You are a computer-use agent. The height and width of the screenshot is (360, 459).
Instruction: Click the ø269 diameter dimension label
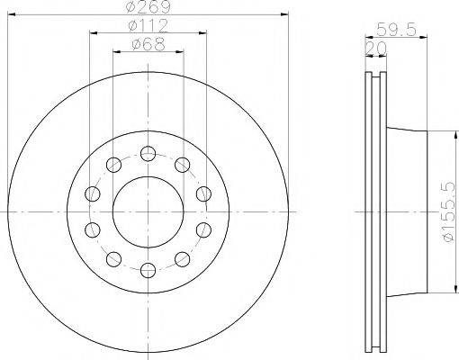148,7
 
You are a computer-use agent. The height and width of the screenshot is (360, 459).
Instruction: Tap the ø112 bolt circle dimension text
148,26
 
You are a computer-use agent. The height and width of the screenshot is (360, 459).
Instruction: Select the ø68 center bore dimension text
148,45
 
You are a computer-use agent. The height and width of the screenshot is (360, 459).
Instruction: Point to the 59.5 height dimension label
396,30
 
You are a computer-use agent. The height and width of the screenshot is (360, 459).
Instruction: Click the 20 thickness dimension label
375,49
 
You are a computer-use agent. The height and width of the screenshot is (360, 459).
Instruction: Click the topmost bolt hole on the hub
148,154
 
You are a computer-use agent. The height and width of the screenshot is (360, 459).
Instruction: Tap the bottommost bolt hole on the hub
148,270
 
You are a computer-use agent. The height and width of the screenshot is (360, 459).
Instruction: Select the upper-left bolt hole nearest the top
113,165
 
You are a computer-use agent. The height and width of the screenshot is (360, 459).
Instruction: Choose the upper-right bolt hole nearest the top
183,165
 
